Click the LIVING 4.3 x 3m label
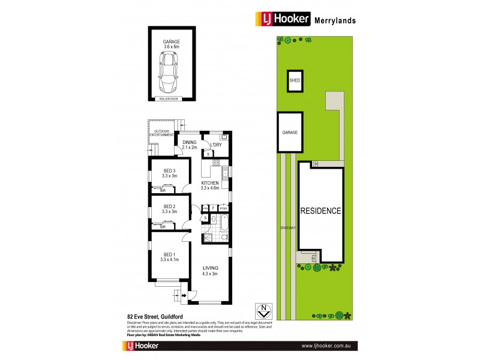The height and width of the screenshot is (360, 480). click(210, 271)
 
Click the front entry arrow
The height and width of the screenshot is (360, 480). click(178, 295)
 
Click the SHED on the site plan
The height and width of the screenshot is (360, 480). click(295, 80)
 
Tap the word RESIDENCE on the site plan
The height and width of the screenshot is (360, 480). click(320, 211)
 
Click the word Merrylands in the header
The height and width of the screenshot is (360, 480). click(335, 20)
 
